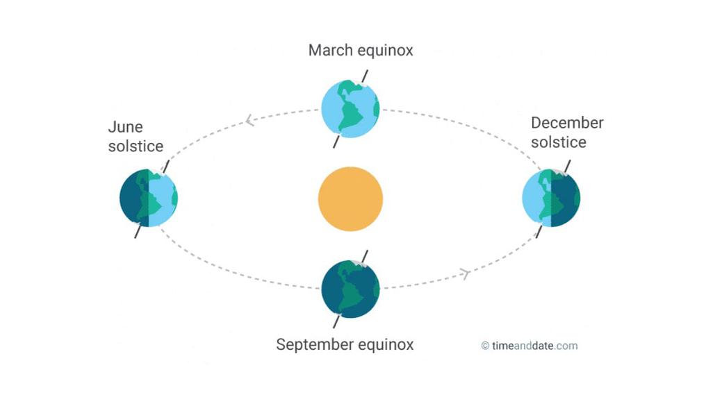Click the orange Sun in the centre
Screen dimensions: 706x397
click(350, 198)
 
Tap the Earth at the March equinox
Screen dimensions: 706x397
click(350, 108)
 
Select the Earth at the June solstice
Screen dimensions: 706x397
click(149, 198)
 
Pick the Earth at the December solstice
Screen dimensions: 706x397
click(551, 198)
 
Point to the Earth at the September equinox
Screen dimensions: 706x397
click(350, 288)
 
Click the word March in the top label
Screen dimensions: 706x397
click(330, 51)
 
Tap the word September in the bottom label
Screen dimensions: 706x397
click(313, 344)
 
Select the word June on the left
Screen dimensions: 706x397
click(126, 127)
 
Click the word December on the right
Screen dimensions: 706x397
click(567, 123)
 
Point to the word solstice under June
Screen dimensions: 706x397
click(136, 146)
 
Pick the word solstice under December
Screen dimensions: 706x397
click(559, 142)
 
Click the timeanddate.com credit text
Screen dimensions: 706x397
click(534, 346)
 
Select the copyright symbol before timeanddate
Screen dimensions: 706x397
click(485, 346)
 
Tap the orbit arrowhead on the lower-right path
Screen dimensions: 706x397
click(466, 274)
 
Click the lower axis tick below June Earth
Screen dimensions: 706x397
click(138, 231)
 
